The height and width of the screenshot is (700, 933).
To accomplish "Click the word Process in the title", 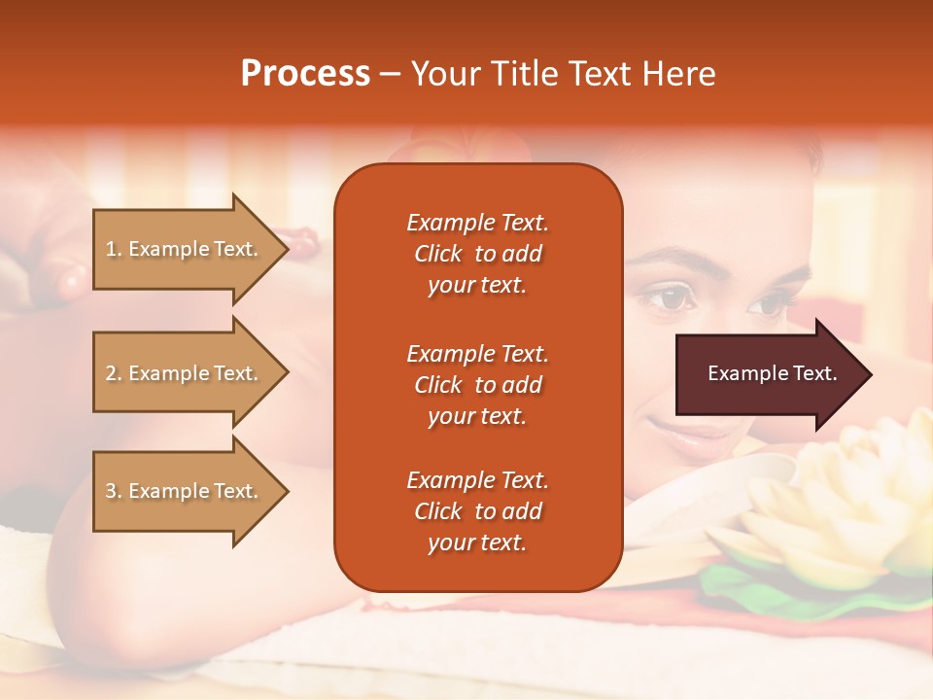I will pos(305,74).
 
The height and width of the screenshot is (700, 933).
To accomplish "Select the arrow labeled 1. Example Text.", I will pos(190,249).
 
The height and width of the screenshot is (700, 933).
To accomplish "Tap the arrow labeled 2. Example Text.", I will pos(190,373).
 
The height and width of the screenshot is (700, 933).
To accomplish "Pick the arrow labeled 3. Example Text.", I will pos(190,491).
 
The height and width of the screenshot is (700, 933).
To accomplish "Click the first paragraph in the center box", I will pos(477,254).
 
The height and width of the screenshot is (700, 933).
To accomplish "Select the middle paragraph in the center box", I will pos(477,385).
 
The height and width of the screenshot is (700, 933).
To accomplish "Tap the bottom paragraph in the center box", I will pos(477,511).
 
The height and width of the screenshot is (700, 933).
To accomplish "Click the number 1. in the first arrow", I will pos(114,249).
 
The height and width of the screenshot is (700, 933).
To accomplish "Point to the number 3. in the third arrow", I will pos(114,491).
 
